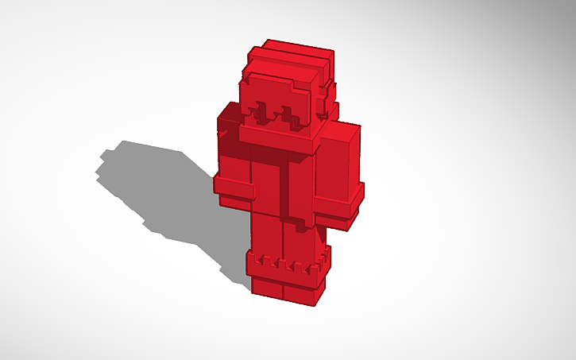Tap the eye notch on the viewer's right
pos(296,118)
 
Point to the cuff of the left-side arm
pos(234,189)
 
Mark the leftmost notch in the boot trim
pos(263,261)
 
